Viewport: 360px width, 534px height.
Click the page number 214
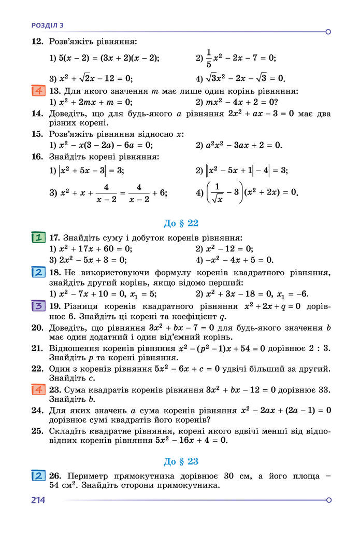point(38,500)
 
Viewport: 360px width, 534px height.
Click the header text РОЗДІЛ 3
point(48,24)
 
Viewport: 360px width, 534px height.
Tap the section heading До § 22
point(181,223)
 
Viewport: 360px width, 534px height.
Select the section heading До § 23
point(181,461)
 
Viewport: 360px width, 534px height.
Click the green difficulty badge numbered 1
point(38,238)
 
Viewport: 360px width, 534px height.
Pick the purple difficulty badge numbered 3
point(38,306)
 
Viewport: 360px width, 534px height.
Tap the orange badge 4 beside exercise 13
point(38,91)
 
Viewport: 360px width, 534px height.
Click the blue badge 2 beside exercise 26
point(38,475)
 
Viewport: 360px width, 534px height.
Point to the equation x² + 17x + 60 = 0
point(95,249)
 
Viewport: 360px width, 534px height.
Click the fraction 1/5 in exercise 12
point(209,58)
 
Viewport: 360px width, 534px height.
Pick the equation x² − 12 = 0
point(228,249)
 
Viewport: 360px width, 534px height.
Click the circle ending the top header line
point(328,32)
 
